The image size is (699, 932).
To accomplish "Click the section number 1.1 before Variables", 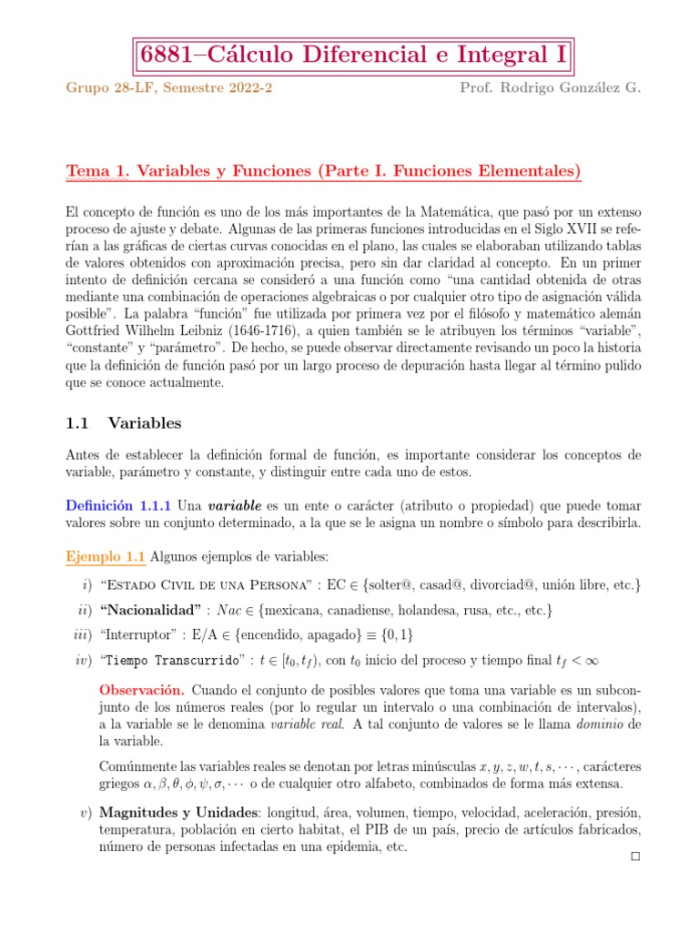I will click(x=79, y=423).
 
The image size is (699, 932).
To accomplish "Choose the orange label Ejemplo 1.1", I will click(x=105, y=557).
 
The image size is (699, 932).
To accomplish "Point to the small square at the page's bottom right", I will click(x=635, y=856).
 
